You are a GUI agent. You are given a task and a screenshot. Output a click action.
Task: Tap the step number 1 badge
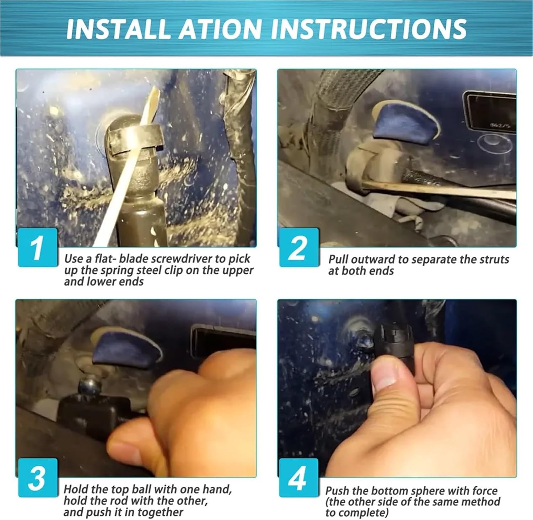38,247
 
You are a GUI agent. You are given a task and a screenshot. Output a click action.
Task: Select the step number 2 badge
298,247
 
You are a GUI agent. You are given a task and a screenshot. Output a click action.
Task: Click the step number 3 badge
38,477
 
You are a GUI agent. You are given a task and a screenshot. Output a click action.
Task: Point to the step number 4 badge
298,477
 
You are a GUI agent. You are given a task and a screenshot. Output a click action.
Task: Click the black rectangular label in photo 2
491,112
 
